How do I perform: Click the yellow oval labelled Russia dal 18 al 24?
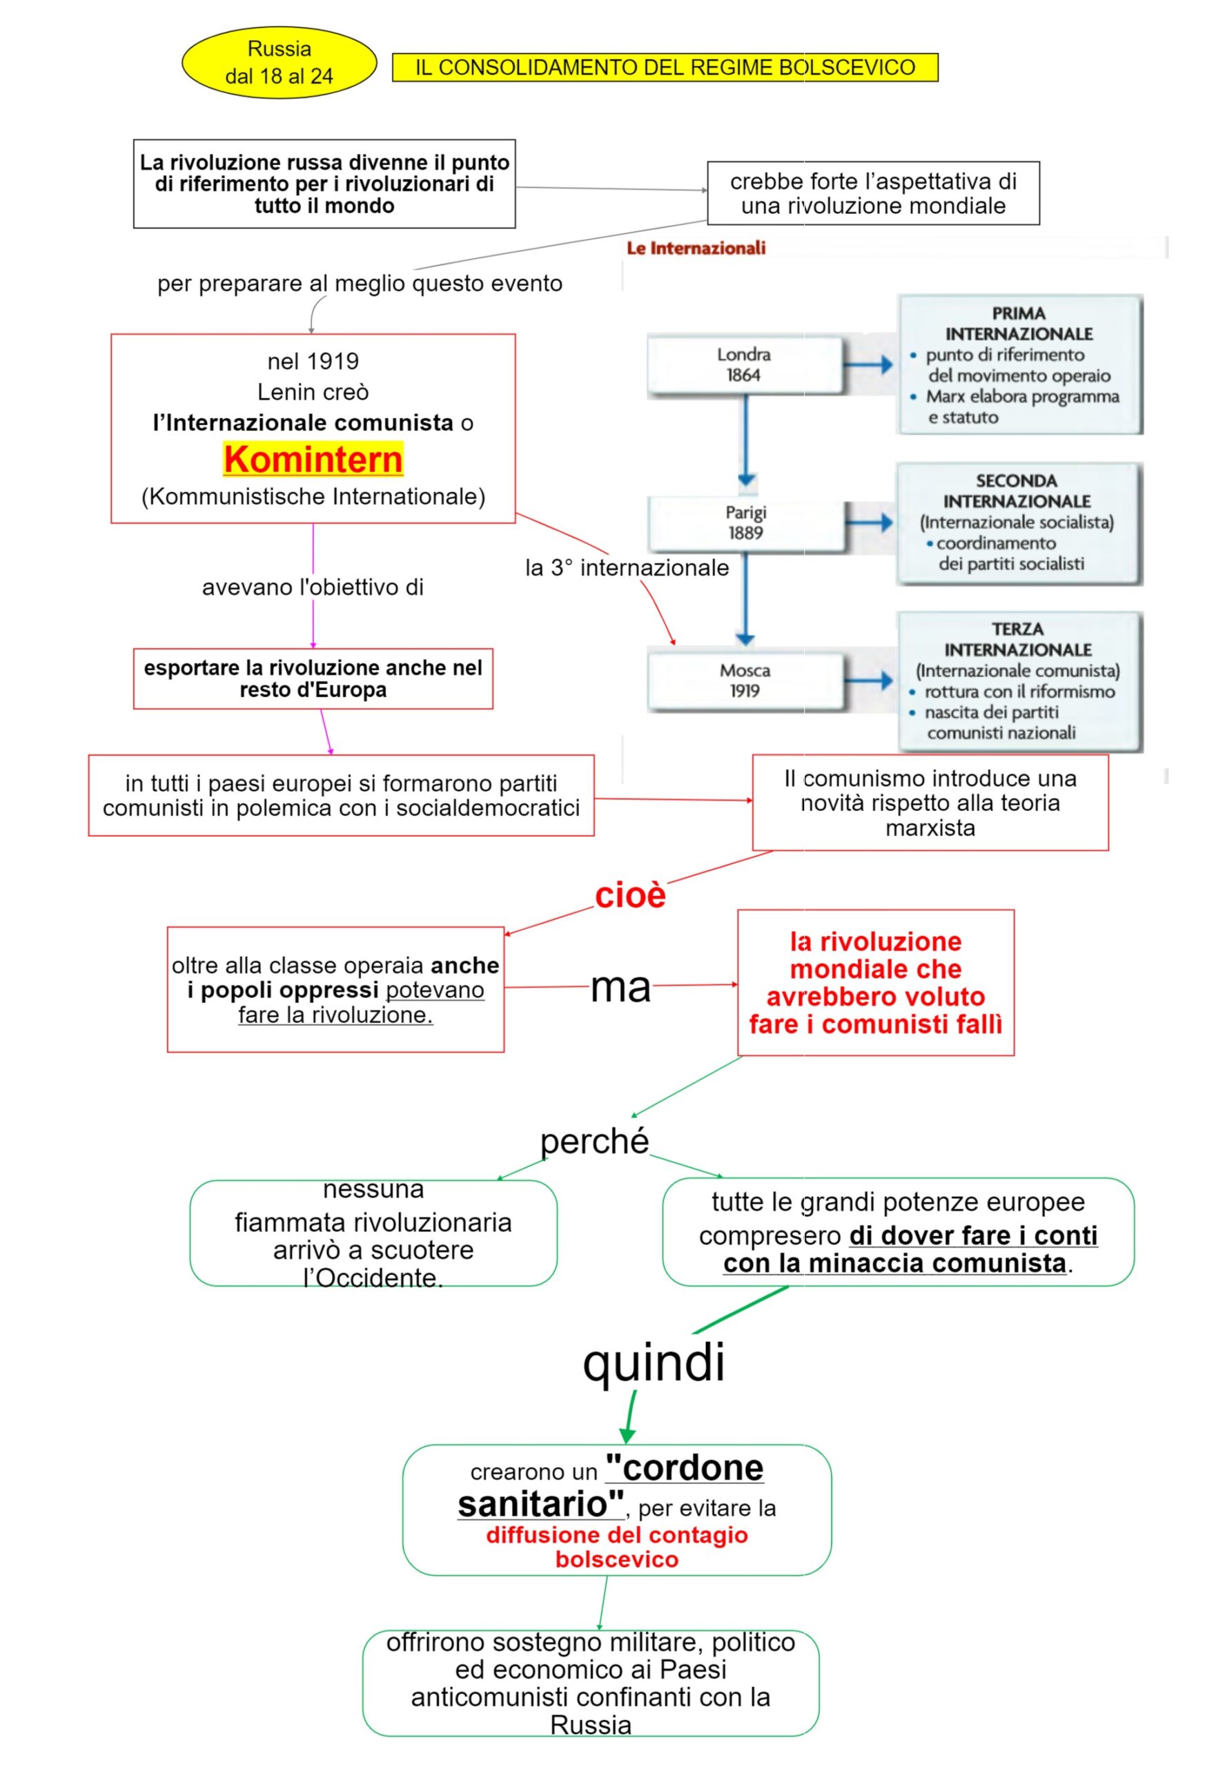[279, 62]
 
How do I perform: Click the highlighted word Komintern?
[313, 459]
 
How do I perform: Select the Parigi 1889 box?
[745, 523]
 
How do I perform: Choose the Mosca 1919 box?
[745, 681]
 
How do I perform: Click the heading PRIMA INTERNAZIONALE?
[1018, 324]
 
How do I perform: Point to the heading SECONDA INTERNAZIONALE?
[1017, 491]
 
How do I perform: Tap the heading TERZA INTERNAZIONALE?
[1018, 639]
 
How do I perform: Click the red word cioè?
[629, 896]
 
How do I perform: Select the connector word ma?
[620, 988]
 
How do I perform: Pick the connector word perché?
[594, 1141]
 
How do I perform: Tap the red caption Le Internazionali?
[696, 248]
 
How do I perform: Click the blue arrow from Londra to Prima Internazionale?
[868, 365]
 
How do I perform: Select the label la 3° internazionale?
[627, 568]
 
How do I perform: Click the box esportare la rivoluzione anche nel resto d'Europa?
[313, 679]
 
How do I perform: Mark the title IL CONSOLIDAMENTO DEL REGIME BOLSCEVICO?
[665, 68]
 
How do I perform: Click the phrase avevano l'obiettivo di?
[313, 587]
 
